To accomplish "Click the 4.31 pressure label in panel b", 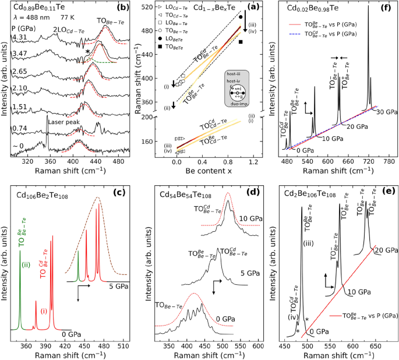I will [x=21, y=37].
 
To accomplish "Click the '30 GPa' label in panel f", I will [x=385, y=112].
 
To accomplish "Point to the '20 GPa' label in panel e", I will [x=387, y=250].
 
